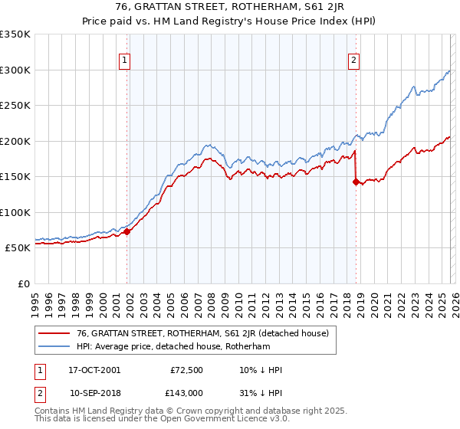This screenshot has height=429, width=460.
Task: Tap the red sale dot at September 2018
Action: click(x=356, y=182)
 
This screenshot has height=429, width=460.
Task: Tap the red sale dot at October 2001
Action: click(x=127, y=231)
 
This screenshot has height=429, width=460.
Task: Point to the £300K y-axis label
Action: click(x=15, y=70)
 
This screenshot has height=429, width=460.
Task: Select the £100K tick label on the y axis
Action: click(x=15, y=212)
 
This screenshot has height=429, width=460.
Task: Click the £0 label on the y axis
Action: click(x=23, y=283)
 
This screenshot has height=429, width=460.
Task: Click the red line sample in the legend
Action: click(x=54, y=333)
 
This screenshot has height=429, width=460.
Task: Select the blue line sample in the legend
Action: click(x=54, y=347)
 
